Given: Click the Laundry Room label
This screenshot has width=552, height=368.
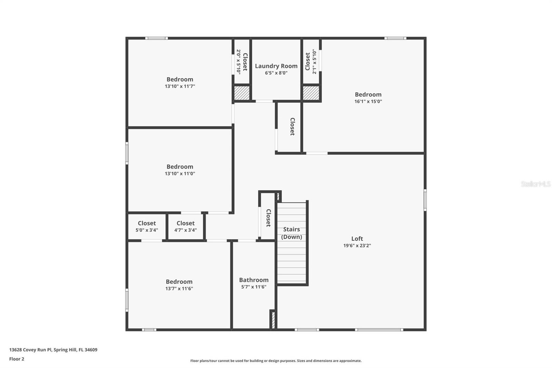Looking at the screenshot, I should [276, 66].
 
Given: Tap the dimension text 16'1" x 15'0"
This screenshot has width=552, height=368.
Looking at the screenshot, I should [368, 101].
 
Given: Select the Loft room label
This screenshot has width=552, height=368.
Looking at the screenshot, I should [357, 239].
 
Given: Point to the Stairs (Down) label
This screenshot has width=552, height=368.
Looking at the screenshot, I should [292, 233].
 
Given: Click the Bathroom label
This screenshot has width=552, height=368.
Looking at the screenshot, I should [254, 280].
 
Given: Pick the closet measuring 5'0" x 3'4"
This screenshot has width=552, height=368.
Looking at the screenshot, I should [147, 226].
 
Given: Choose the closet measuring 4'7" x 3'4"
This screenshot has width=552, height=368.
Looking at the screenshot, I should [186, 226].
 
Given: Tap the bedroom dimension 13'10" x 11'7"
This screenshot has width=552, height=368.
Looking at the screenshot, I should [180, 86].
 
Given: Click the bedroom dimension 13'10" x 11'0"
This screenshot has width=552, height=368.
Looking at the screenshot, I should [180, 174].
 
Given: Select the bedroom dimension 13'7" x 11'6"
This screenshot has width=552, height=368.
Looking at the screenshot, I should [179, 289].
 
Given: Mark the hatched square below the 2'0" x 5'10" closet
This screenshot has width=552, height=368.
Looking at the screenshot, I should [242, 93].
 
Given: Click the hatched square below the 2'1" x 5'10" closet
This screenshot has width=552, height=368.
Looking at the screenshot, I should [311, 93].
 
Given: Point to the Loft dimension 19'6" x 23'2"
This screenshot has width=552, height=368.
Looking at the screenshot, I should [357, 246].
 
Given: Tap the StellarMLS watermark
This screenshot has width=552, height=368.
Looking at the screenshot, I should [535, 184].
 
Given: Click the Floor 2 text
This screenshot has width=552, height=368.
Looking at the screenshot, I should [17, 359].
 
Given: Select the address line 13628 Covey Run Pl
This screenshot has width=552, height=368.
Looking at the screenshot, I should [53, 350].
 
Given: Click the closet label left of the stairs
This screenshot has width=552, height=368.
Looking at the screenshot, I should [268, 218].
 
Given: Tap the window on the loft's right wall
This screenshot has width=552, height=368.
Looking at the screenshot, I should [425, 200].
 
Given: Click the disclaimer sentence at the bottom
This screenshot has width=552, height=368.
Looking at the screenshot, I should [276, 361].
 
